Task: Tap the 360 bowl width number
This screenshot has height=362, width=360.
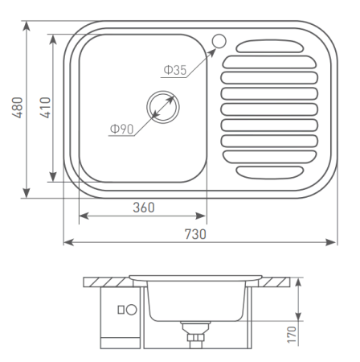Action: [x=142, y=207]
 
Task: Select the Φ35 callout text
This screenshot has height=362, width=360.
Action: [x=174, y=71]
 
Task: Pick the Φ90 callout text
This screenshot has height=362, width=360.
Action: [x=122, y=128]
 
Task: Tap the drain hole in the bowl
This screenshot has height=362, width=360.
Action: [x=162, y=107]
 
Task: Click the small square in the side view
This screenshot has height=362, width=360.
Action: [x=120, y=309]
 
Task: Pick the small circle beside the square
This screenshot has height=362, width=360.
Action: [x=131, y=309]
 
